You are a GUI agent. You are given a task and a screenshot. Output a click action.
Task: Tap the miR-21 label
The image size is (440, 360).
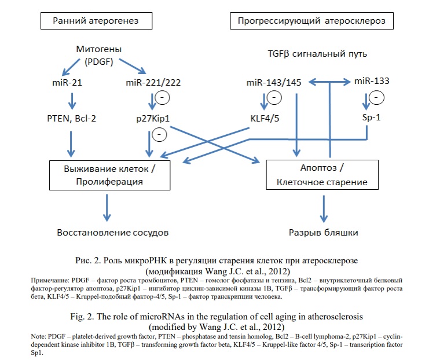pyautogui.click(x=67, y=83)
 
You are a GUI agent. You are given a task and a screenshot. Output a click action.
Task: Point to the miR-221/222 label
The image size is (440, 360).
pyautogui.click(x=153, y=83)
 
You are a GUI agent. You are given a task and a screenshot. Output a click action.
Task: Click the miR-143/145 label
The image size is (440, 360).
pyautogui.click(x=274, y=83)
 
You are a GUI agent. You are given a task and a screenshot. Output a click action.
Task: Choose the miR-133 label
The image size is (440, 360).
pyautogui.click(x=372, y=81)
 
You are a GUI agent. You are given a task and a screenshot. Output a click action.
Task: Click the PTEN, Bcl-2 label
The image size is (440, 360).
pyautogui.click(x=72, y=119)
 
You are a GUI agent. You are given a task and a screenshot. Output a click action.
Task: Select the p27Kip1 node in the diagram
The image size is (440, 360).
pyautogui.click(x=153, y=119)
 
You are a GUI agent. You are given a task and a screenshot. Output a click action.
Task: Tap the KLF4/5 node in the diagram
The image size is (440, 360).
pyautogui.click(x=265, y=119)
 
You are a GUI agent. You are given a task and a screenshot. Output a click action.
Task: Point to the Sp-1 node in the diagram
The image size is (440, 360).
pyautogui.click(x=372, y=117)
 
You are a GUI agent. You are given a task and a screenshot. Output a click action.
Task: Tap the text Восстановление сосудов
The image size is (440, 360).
pyautogui.click(x=113, y=233)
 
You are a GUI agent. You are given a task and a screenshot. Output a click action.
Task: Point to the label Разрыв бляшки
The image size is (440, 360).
pyautogui.click(x=324, y=233)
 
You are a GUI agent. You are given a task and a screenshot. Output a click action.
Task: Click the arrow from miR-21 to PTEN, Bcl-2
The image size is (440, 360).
pyautogui.click(x=72, y=101)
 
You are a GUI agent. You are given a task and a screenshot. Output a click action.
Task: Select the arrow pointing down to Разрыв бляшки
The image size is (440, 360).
pyautogui.click(x=324, y=209)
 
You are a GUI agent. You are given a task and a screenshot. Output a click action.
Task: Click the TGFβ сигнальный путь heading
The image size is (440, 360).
pyautogui.click(x=317, y=54)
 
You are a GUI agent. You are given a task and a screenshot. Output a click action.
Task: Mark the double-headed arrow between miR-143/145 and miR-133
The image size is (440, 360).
pyautogui.click(x=330, y=82)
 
